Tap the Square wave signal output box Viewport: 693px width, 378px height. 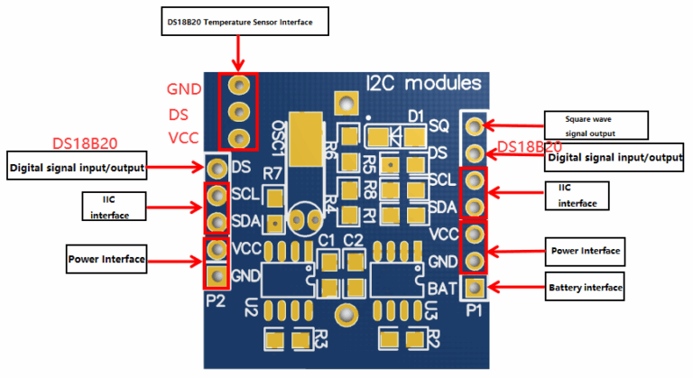pos(596,124)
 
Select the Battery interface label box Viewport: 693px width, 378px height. pos(586,289)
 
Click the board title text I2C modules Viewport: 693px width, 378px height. pos(430,83)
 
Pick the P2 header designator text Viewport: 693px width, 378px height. pos(215,300)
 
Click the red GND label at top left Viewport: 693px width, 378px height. pos(184,89)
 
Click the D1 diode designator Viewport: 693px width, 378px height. pos(416,116)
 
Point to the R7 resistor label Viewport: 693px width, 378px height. pos(272,171)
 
